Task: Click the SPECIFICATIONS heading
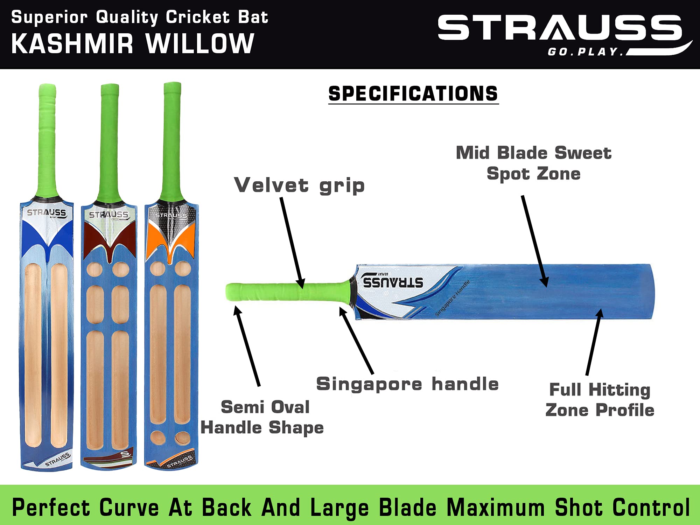413,93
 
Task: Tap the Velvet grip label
299,185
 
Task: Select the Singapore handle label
407,384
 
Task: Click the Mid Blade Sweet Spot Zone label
533,163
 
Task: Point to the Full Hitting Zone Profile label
600,399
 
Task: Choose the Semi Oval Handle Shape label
262,417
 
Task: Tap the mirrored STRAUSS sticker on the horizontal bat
393,282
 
